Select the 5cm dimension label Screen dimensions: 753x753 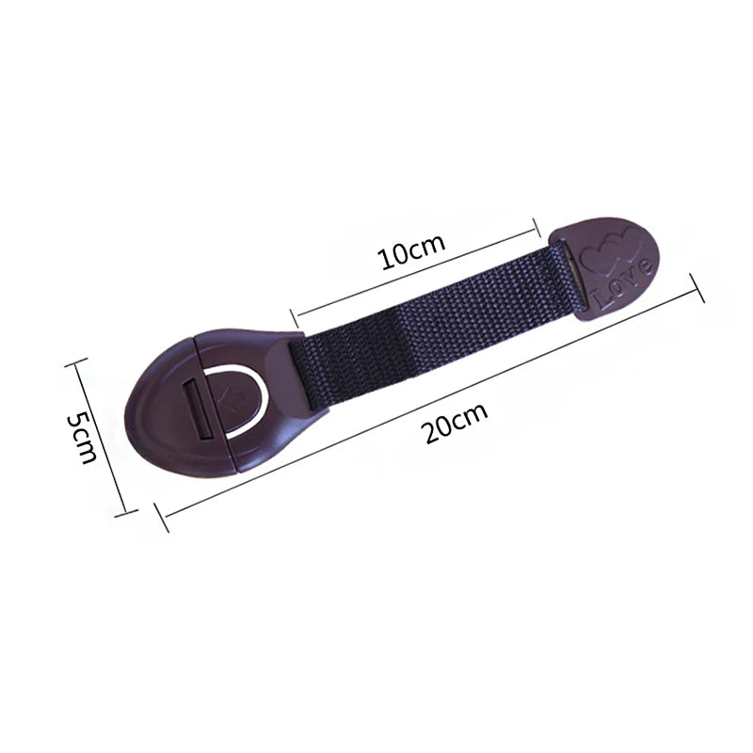pos(83,436)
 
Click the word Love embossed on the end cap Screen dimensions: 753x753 pos(622,281)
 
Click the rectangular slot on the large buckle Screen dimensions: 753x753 pos(198,409)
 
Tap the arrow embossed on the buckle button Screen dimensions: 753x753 pos(232,398)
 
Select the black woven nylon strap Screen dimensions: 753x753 pos(435,326)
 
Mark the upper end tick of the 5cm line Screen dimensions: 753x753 pos(76,362)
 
